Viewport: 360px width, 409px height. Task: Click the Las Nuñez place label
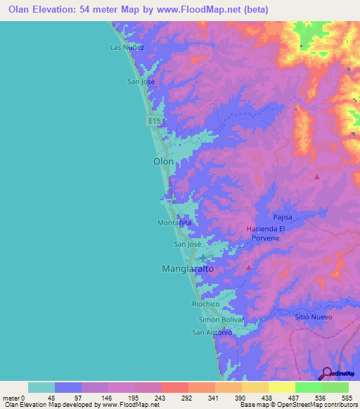[x=127, y=47]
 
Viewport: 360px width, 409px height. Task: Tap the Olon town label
[x=163, y=161]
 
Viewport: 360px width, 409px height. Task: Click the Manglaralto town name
[x=188, y=268]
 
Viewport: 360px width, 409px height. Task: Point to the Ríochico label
[x=206, y=304]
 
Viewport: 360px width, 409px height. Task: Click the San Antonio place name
[x=212, y=332]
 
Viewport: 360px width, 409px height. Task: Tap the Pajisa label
[x=282, y=218]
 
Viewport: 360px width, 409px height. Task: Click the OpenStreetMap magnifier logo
[x=326, y=373]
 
